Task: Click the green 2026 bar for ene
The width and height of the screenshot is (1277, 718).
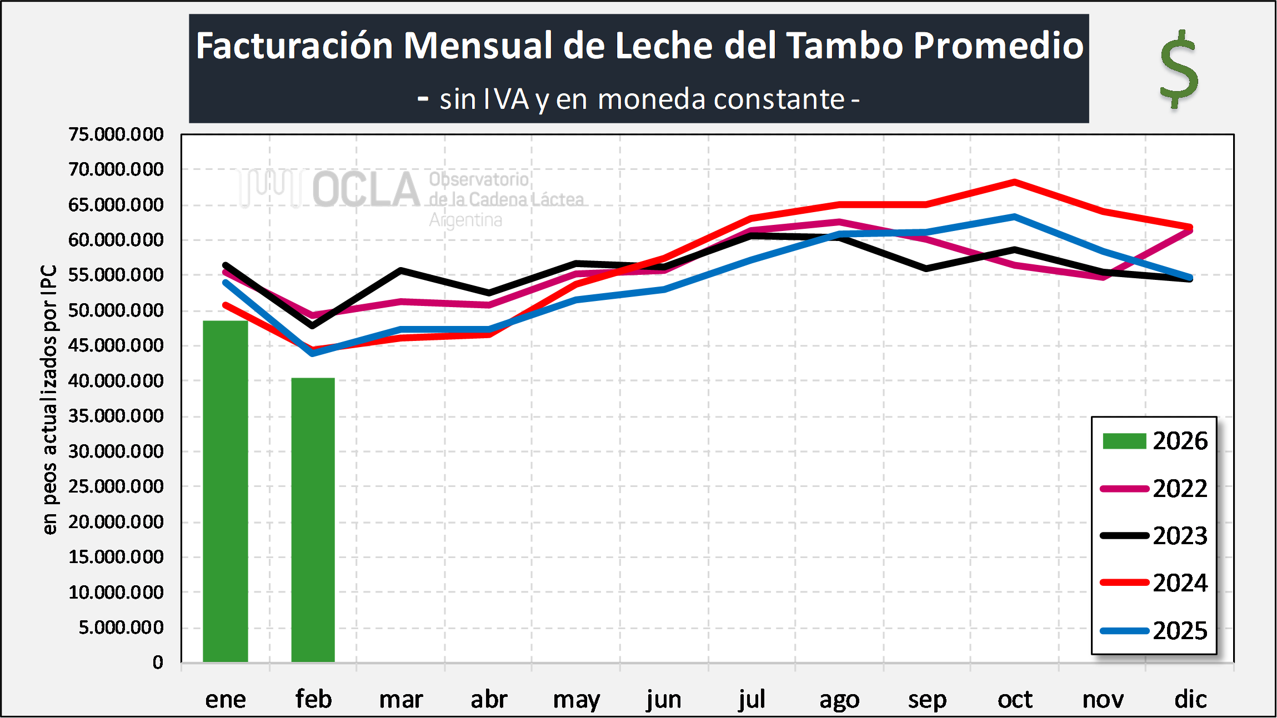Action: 225,491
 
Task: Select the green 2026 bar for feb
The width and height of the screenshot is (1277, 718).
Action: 313,520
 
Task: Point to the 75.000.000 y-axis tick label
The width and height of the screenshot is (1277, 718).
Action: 116,134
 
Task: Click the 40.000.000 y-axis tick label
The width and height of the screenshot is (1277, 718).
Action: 116,381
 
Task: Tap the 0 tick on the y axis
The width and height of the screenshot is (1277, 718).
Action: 158,662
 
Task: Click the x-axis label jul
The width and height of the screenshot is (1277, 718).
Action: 752,699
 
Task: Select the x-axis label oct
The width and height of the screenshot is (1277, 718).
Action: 1015,699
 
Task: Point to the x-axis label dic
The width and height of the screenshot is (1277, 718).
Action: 1190,699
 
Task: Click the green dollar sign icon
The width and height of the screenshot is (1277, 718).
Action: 1179,69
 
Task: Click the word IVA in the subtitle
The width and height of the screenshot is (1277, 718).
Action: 506,100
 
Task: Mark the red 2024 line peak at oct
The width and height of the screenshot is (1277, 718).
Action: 1014,182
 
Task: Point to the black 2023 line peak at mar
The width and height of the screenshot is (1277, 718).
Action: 401,270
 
